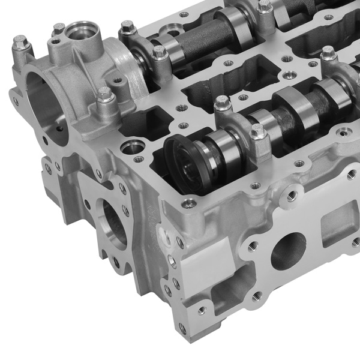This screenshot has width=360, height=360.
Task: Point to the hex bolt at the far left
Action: pyautogui.click(x=21, y=43)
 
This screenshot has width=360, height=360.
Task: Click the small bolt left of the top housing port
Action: pyautogui.click(x=59, y=28)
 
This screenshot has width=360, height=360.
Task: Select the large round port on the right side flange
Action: pyautogui.click(x=288, y=251)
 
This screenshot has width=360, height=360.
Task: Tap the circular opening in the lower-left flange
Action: pyautogui.click(x=114, y=225)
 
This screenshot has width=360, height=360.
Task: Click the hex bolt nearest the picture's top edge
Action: pyautogui.click(x=264, y=6)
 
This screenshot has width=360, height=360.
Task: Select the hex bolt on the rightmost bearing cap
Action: pyautogui.click(x=329, y=54)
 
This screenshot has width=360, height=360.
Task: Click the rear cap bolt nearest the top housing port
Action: pyautogui.click(x=127, y=27)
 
